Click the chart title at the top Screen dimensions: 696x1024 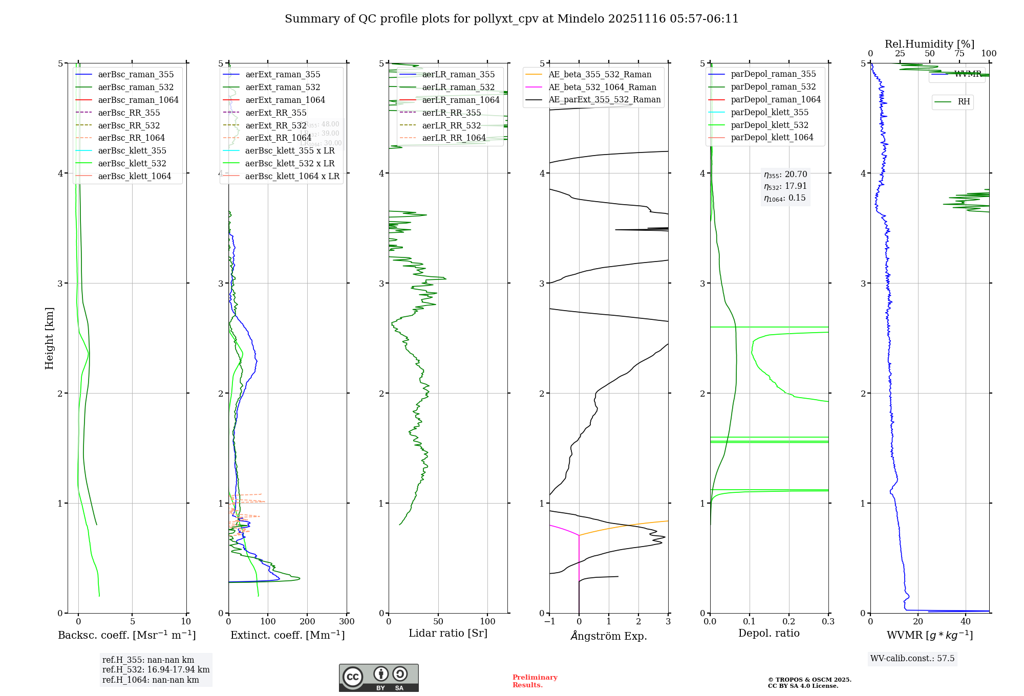511,19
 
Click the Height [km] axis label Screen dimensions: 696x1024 49,338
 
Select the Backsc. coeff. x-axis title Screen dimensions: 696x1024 126,635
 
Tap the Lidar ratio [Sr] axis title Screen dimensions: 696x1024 448,633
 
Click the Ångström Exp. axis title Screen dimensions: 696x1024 609,636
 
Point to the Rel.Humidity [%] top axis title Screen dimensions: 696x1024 929,44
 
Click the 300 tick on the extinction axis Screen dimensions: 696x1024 347,622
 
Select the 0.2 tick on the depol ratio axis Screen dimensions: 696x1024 789,622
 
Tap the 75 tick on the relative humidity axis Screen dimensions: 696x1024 959,54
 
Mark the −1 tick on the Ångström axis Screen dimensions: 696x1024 549,622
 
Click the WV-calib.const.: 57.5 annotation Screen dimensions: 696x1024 912,658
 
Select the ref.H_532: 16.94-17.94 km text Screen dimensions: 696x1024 156,669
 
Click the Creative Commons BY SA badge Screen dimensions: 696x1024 378,678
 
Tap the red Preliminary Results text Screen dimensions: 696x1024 535,681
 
